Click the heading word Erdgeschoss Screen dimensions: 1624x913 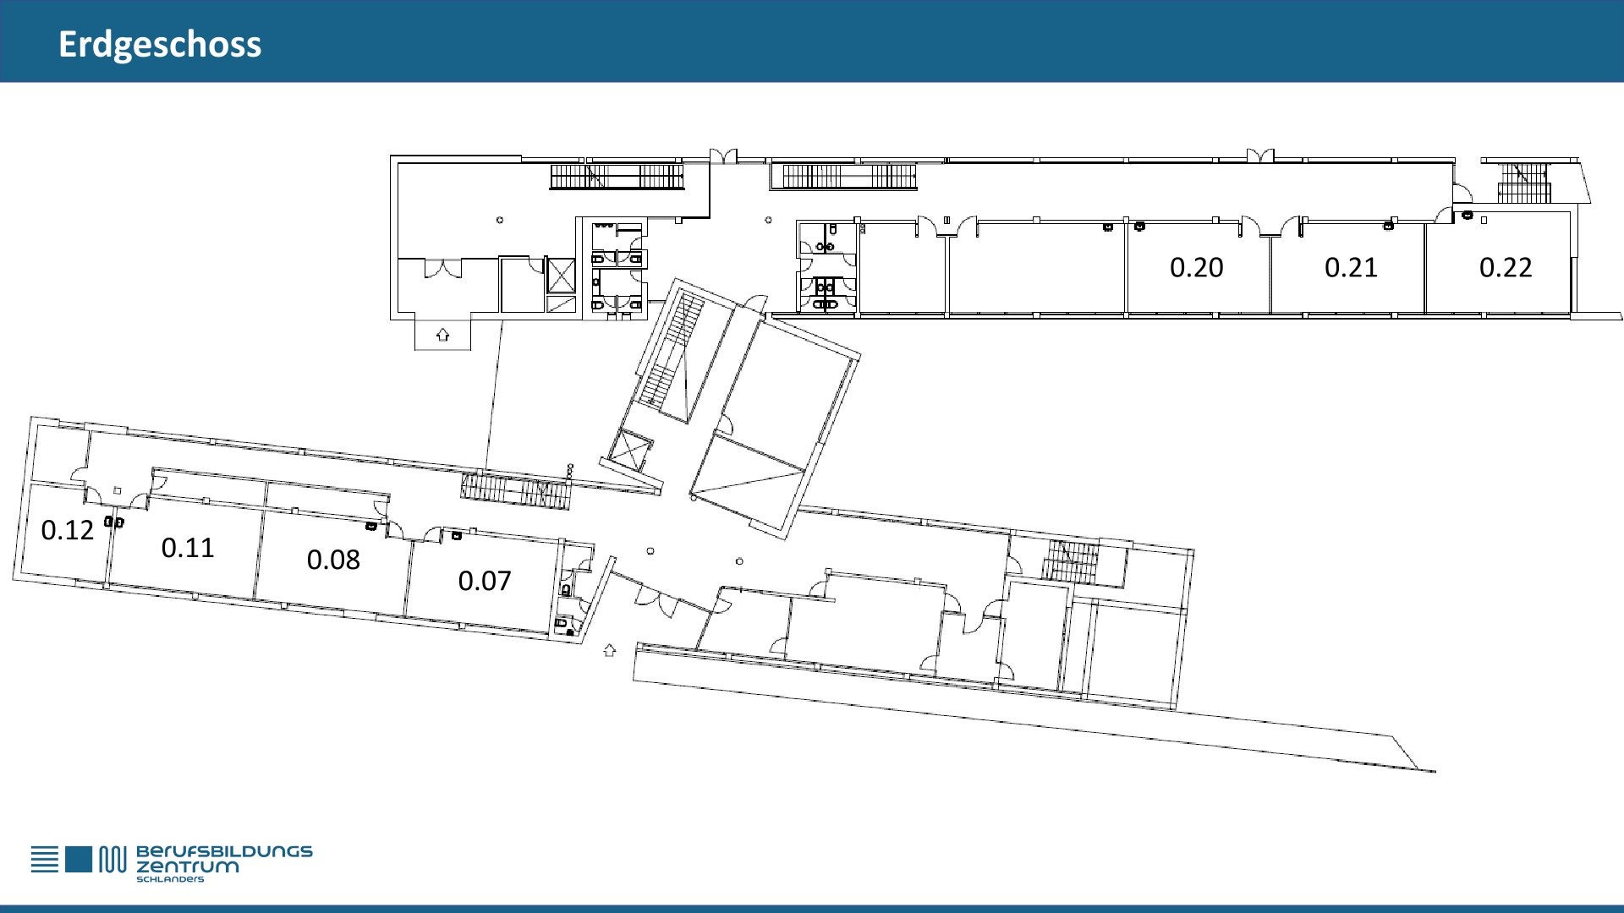click(160, 45)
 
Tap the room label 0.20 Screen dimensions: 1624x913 click(1196, 267)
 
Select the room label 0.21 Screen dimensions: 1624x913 click(1351, 267)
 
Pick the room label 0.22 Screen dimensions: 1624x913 click(1506, 267)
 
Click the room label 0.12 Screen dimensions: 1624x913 click(68, 530)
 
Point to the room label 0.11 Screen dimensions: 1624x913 click(188, 548)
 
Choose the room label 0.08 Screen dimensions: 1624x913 click(333, 560)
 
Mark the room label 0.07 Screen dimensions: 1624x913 click(485, 581)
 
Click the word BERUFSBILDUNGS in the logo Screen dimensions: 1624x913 click(224, 851)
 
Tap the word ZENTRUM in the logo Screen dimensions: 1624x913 click(188, 867)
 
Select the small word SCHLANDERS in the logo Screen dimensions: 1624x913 click(170, 879)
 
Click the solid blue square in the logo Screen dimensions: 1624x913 click(78, 859)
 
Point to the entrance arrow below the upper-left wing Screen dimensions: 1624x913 click(442, 335)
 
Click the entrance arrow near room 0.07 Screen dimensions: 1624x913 click(609, 650)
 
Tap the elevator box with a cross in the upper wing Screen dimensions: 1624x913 click(561, 276)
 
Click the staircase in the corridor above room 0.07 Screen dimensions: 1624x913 click(516, 491)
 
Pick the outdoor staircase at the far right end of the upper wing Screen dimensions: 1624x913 click(1523, 183)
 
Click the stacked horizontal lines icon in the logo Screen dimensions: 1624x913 click(45, 859)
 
